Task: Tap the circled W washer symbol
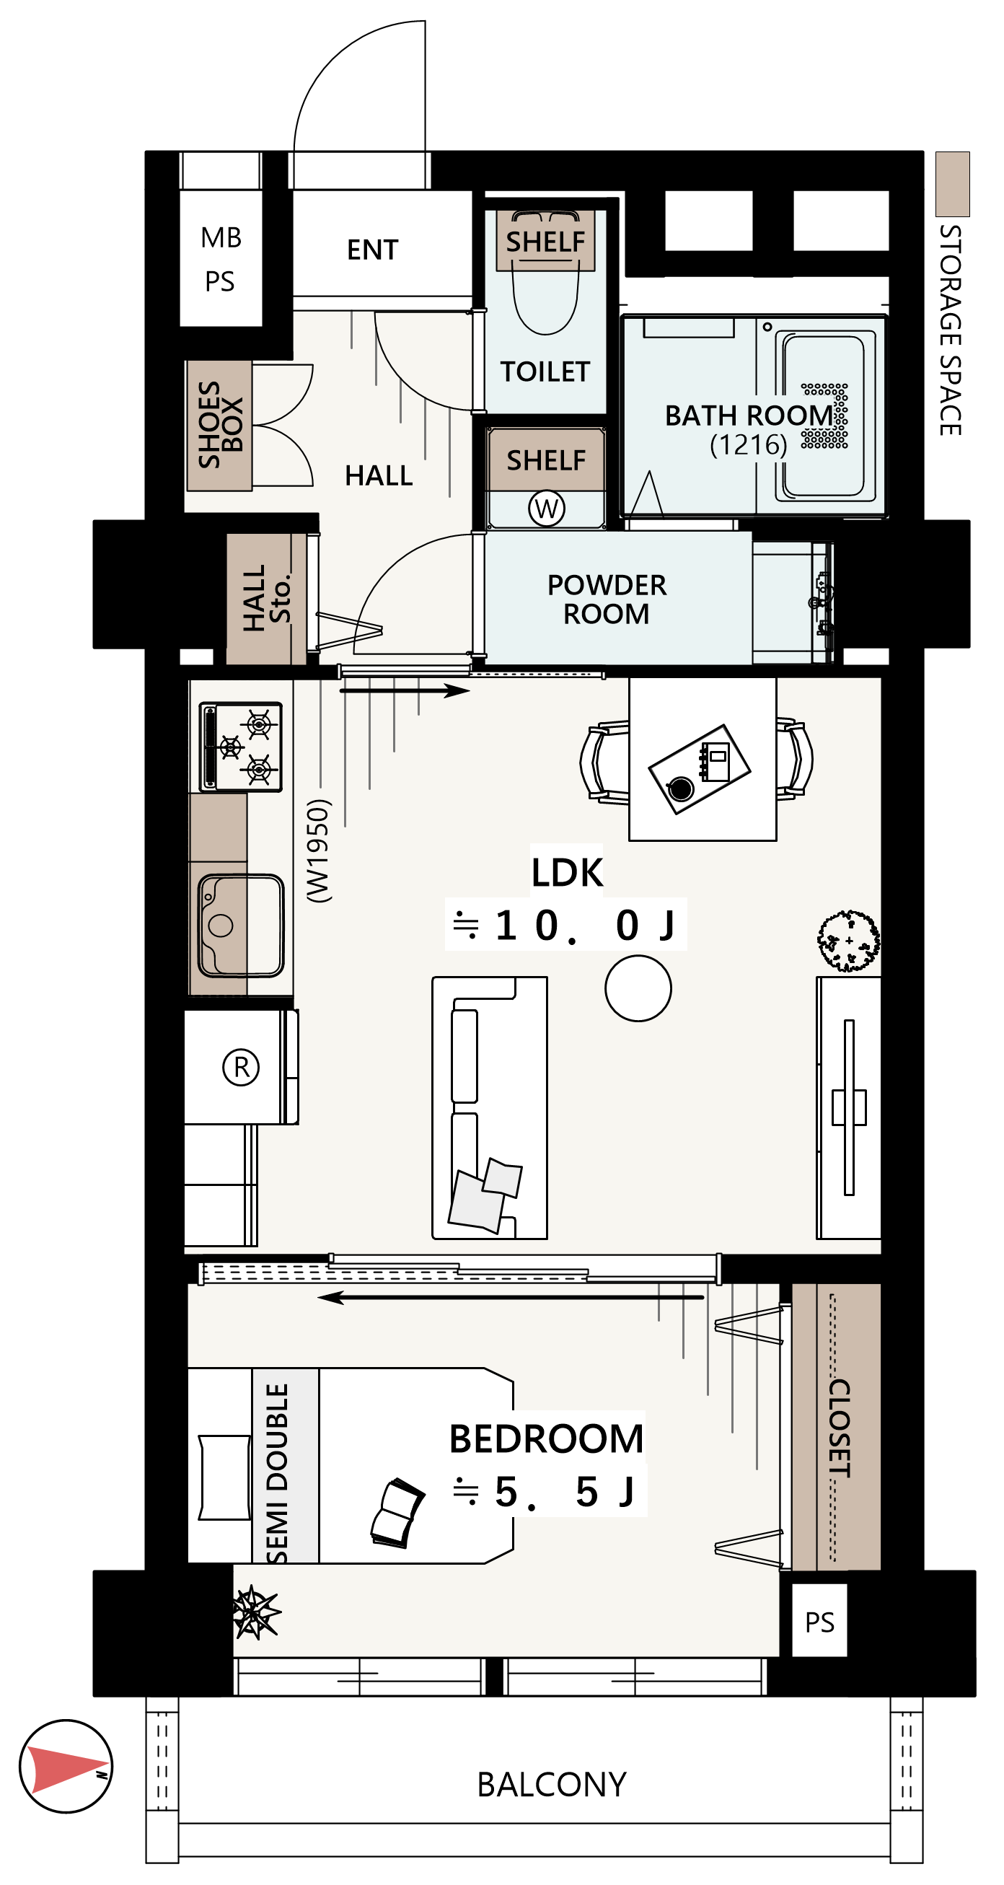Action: [547, 508]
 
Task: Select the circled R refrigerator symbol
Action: [241, 1068]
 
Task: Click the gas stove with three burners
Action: [241, 747]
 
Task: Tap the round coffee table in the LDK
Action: [638, 988]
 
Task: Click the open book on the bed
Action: [397, 1513]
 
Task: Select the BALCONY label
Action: [552, 1785]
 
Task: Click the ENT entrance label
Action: [372, 250]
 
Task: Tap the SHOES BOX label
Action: [220, 423]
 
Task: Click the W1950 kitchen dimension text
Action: [318, 851]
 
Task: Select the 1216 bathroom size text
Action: [749, 444]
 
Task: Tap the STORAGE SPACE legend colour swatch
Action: [953, 185]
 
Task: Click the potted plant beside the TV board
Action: [849, 941]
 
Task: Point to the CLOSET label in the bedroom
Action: [840, 1428]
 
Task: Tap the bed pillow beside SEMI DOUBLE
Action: [224, 1477]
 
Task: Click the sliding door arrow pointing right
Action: [405, 690]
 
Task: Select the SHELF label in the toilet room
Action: [546, 242]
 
